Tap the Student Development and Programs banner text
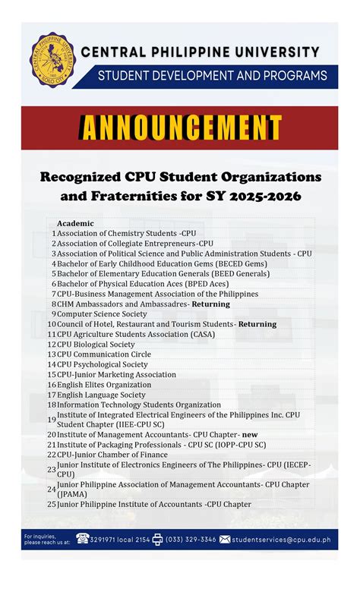click(x=211, y=76)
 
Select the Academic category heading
click(x=75, y=223)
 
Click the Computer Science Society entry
click(x=102, y=313)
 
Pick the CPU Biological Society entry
click(x=96, y=344)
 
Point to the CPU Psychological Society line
click(x=102, y=364)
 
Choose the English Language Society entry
click(x=101, y=395)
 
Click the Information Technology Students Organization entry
click(x=139, y=405)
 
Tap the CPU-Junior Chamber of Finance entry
click(x=112, y=455)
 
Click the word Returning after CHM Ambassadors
click(x=210, y=304)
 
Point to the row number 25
click(x=52, y=504)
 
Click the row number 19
click(x=52, y=420)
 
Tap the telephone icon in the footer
click(x=83, y=540)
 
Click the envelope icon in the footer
click(x=225, y=540)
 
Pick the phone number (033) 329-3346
click(x=191, y=540)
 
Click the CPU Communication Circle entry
click(x=103, y=354)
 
